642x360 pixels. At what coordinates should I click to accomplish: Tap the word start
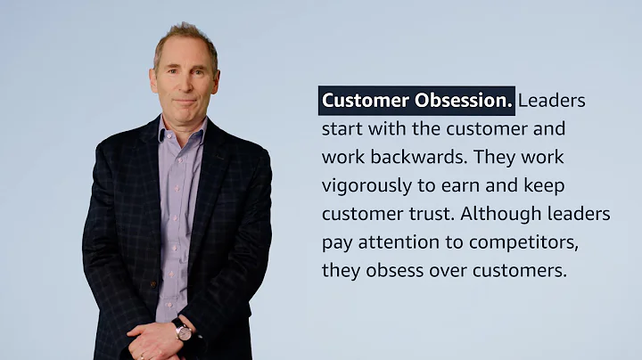click(x=342, y=129)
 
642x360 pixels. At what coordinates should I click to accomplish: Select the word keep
click(x=542, y=186)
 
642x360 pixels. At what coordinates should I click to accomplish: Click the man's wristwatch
click(x=183, y=331)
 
